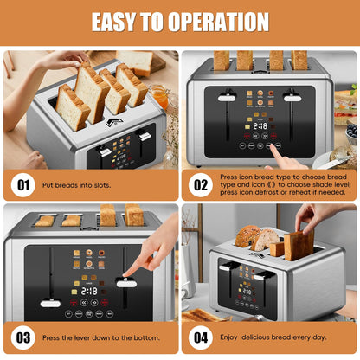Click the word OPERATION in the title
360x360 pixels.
point(210,22)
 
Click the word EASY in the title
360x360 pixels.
point(120,22)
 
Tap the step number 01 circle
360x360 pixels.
point(23,183)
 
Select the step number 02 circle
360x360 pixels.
point(202,183)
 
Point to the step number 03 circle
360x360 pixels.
point(23,337)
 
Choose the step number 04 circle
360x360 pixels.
point(202,337)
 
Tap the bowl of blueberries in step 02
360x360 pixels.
point(350,131)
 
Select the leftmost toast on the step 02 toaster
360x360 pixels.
point(222,60)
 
